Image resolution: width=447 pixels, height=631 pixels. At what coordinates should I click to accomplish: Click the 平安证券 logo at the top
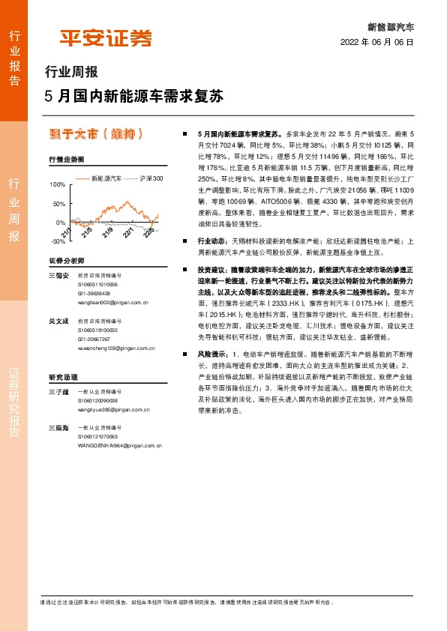pyautogui.click(x=106, y=37)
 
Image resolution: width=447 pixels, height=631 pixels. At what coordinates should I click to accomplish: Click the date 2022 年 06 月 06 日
pyautogui.click(x=376, y=42)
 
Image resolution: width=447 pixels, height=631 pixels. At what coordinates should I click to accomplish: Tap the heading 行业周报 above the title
pyautogui.click(x=72, y=73)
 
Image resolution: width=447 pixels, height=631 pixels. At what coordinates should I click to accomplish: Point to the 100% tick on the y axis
pyautogui.click(x=56, y=184)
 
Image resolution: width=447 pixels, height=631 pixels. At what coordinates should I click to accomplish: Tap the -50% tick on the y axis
pyautogui.click(x=56, y=241)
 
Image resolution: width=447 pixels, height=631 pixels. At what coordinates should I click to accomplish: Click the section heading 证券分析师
pyautogui.click(x=66, y=261)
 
